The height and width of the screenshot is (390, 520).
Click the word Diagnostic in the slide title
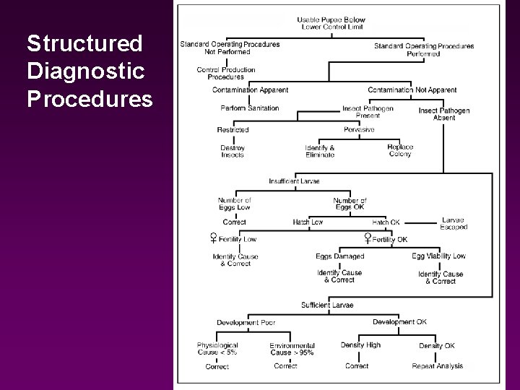[86, 71]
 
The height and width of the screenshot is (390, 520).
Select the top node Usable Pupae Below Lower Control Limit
[331, 23]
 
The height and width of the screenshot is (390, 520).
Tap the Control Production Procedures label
[226, 73]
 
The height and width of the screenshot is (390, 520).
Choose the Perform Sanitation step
[249, 108]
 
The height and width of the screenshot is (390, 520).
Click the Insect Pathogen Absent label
[444, 114]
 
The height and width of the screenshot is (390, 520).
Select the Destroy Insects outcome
[233, 152]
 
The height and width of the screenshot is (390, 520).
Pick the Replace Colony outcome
[400, 150]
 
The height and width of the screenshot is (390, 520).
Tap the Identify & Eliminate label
[320, 152]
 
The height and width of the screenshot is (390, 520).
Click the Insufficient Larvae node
[294, 181]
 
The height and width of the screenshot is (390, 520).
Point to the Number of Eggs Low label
[235, 204]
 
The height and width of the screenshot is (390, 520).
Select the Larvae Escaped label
[454, 223]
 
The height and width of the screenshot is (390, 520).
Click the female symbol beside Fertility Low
[214, 238]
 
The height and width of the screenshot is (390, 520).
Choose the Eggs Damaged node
[339, 256]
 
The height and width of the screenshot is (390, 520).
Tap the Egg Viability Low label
[439, 256]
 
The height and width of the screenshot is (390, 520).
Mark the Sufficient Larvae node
[327, 305]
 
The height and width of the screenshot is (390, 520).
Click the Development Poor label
[246, 322]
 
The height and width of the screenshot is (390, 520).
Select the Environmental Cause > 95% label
[292, 349]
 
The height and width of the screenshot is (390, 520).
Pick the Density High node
[360, 345]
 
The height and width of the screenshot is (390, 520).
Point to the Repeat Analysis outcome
[438, 366]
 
